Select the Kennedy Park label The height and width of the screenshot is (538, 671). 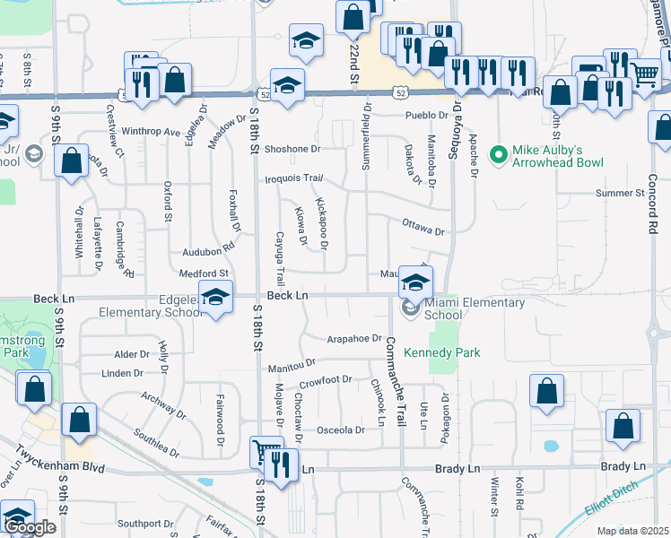pyautogui.click(x=442, y=352)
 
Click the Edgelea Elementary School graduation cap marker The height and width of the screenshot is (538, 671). pyautogui.click(x=215, y=297)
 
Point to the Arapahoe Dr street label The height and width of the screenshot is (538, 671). pyautogui.click(x=354, y=338)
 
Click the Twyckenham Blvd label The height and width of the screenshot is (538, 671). pyautogui.click(x=54, y=468)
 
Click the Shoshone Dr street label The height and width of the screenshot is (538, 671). pyautogui.click(x=292, y=149)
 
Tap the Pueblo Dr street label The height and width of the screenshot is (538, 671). pyautogui.click(x=425, y=116)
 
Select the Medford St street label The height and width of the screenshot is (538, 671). pyautogui.click(x=205, y=273)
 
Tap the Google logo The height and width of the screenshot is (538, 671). pyautogui.click(x=29, y=527)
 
